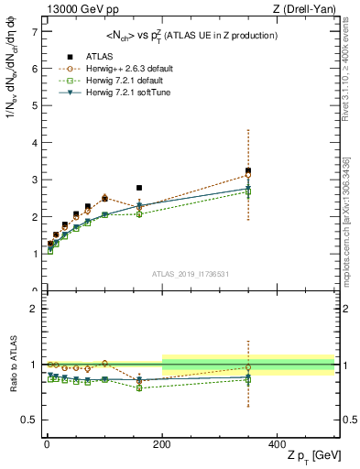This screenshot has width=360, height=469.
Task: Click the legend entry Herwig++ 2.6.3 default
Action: [113, 68]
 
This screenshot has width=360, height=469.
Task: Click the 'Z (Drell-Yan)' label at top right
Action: [310, 9]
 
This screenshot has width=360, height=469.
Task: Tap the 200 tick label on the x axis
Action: [162, 443]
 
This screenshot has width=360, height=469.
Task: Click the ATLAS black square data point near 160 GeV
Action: [139, 188]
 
